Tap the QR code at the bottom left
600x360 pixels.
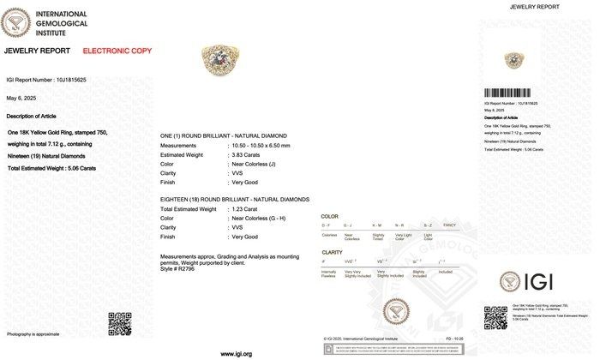pos(119,323)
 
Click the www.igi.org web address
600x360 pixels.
pos(236,353)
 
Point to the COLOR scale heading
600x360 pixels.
pos(330,216)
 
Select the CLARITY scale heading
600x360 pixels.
pos(332,252)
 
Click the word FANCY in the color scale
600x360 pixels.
pos(452,225)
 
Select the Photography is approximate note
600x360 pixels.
pos(33,333)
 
